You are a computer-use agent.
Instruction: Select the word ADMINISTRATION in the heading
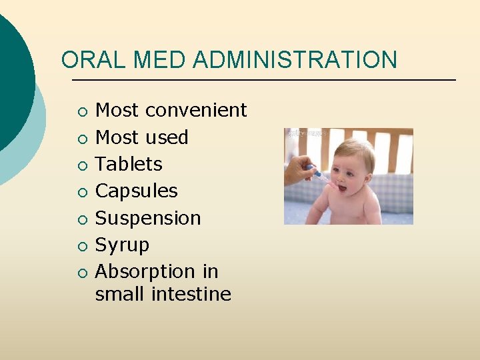(x=295, y=60)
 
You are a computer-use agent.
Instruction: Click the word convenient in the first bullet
(x=196, y=110)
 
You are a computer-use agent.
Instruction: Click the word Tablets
(x=129, y=164)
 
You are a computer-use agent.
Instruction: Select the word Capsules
(x=137, y=191)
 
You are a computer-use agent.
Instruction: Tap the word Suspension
(x=148, y=218)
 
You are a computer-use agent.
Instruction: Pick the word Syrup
(x=122, y=245)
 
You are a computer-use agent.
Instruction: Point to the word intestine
(x=195, y=294)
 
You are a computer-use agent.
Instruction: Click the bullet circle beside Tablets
(x=81, y=165)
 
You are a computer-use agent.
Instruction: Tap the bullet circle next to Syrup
(x=81, y=246)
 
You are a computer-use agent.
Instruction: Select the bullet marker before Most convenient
(x=81, y=111)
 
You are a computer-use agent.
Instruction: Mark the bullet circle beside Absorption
(x=81, y=273)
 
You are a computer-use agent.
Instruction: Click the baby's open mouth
(x=341, y=188)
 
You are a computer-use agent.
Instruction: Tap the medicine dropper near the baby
(x=319, y=174)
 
